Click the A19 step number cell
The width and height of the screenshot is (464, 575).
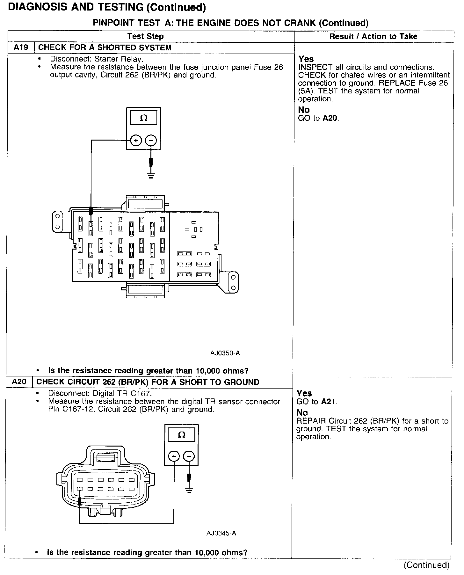pos(21,48)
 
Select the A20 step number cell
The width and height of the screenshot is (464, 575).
pos(19,382)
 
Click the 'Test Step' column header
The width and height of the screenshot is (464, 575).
pos(146,36)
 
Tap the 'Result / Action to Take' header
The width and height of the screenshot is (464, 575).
pos(373,36)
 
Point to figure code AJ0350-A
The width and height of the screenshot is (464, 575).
pos(225,353)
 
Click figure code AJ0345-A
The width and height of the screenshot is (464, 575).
pos(221,533)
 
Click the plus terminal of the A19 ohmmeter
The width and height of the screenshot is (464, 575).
pos(136,140)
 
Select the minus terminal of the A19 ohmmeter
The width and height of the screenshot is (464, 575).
pos(151,140)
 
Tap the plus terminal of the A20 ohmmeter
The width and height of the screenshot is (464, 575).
pos(174,456)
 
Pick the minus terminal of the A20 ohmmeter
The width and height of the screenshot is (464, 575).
pos(189,456)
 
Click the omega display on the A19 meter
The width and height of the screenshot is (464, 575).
pos(144,118)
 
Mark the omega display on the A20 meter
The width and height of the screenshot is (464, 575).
pos(181,435)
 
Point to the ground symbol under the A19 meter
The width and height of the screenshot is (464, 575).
pos(151,175)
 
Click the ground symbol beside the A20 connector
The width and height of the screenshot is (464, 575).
pos(189,491)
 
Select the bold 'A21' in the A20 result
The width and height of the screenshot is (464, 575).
pos(329,402)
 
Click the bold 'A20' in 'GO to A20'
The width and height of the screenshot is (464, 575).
pos(330,118)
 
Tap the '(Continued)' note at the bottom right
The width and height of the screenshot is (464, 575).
pos(426,565)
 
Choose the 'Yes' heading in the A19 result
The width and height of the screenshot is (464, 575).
pos(306,59)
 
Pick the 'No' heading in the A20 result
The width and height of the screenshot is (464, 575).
pos(302,413)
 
